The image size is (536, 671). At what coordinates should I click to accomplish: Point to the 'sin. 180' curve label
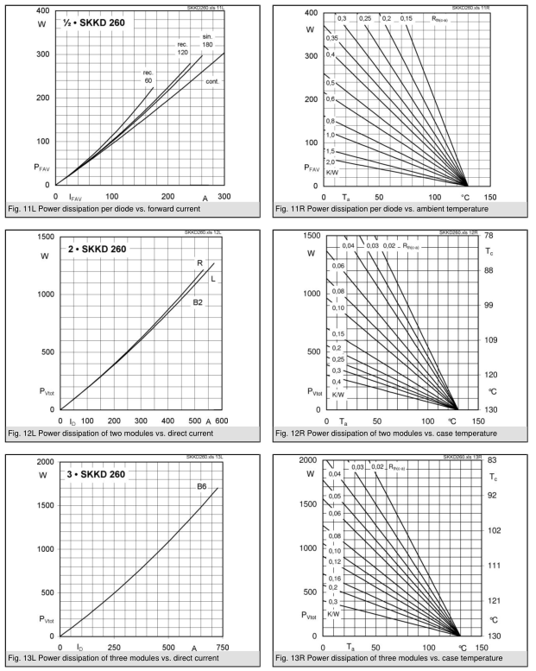(x=208, y=43)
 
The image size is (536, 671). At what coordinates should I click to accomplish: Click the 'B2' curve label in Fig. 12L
(x=198, y=302)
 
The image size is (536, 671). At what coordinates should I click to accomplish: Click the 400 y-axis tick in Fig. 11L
(x=41, y=10)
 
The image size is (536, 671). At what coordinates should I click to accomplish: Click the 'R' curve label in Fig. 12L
(x=199, y=263)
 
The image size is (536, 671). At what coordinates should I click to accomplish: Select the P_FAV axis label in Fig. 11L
(x=42, y=166)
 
